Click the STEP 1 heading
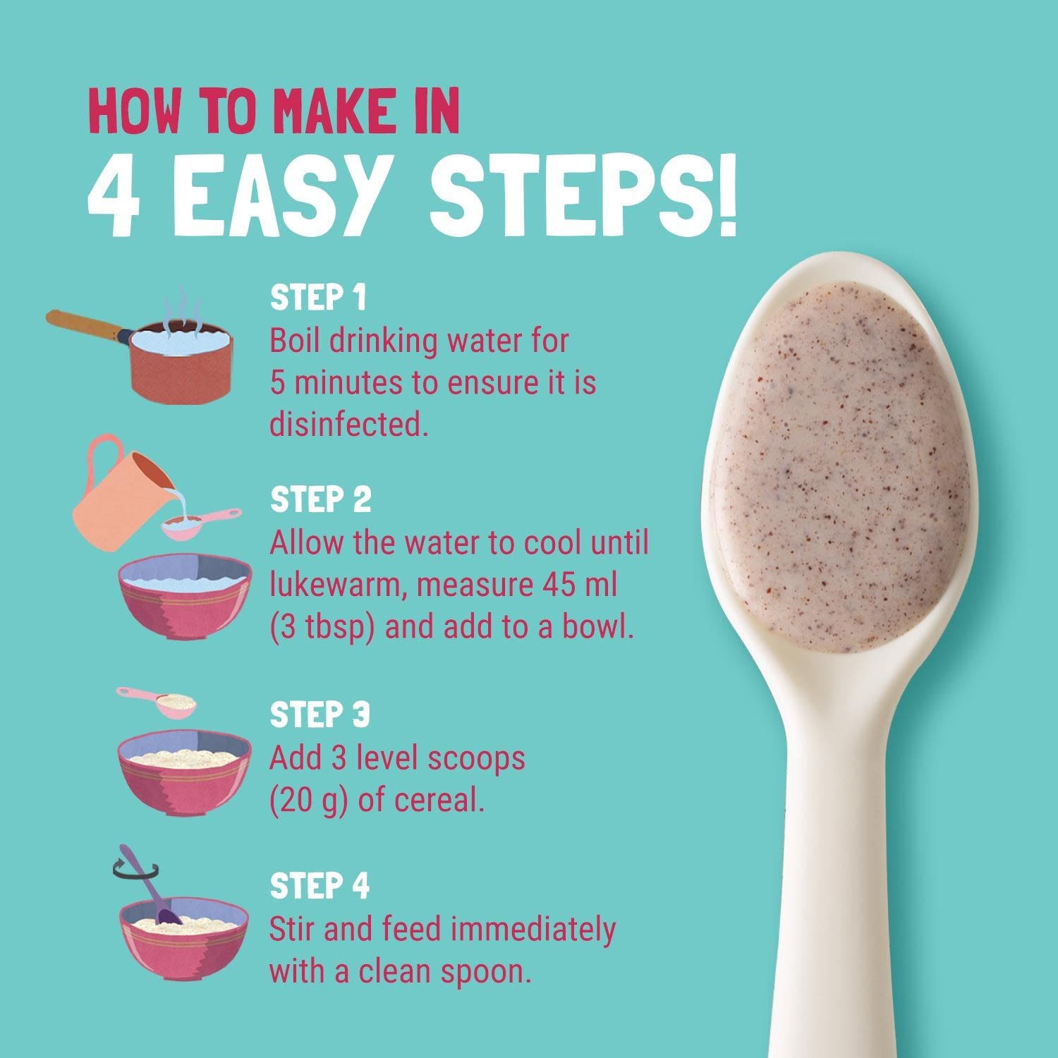[x=318, y=298]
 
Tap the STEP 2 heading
[x=321, y=500]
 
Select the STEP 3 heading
[x=320, y=715]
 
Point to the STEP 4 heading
[x=320, y=886]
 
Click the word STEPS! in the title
[x=584, y=192]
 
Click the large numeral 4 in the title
[x=115, y=192]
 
